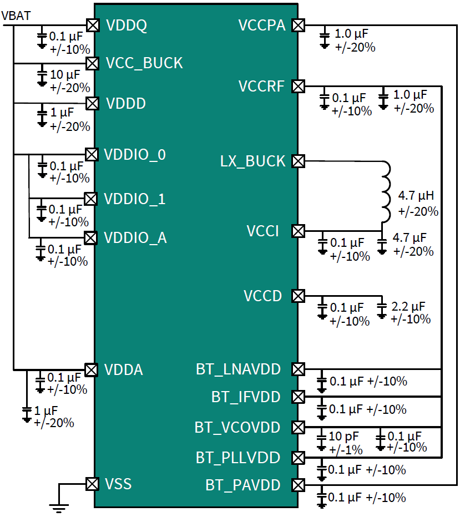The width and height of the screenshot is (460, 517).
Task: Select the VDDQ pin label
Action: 126,26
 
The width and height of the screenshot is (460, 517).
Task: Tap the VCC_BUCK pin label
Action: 144,63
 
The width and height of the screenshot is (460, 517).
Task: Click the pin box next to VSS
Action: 92,484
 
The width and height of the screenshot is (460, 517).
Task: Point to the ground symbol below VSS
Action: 58,505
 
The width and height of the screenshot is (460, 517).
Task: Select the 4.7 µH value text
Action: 417,196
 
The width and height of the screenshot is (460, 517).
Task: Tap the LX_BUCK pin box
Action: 299,161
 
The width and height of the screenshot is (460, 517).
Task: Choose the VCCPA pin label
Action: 262,26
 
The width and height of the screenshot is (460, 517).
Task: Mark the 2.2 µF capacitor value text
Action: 408,306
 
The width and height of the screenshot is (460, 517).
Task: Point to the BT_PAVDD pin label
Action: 243,485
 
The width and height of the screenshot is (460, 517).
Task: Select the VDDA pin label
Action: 124,370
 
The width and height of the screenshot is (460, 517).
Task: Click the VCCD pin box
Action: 299,296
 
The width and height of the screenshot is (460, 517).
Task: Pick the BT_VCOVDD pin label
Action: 237,428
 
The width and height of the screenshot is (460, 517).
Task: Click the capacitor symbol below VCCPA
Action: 325,39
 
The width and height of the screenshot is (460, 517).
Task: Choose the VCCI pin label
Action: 263,231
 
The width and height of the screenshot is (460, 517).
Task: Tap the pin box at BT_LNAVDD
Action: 299,369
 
